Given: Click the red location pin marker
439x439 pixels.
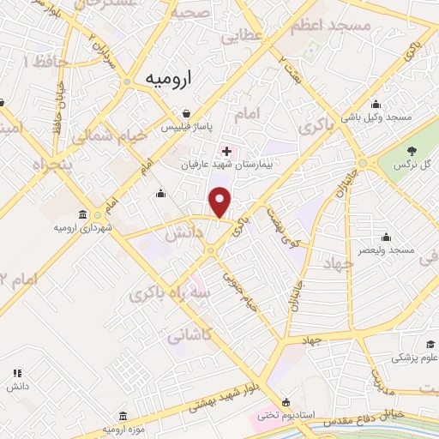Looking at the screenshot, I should (221, 201).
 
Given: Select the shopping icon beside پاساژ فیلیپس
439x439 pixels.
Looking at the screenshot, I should (187, 112).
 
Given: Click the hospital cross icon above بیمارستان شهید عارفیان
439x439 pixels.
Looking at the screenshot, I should (226, 150).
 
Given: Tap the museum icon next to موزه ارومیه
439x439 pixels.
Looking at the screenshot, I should (122, 414).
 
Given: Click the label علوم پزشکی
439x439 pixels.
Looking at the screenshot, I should (414, 358).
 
